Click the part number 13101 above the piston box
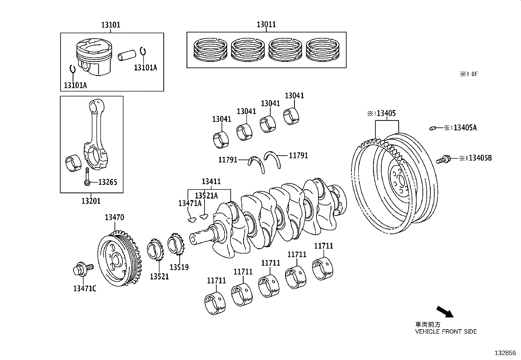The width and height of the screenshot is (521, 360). pyautogui.click(x=110, y=25)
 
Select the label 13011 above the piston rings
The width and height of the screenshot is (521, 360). pyautogui.click(x=266, y=25)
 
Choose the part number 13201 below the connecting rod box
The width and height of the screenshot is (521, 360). pyautogui.click(x=91, y=201)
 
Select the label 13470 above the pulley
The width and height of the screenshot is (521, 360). pyautogui.click(x=114, y=217)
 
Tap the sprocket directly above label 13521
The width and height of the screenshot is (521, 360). pyautogui.click(x=156, y=250)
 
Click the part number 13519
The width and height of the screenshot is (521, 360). pyautogui.click(x=179, y=267)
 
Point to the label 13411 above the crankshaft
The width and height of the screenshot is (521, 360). pyautogui.click(x=211, y=181)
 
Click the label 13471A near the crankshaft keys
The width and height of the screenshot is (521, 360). pyautogui.click(x=190, y=203)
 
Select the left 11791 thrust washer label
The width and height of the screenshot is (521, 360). pyautogui.click(x=228, y=160)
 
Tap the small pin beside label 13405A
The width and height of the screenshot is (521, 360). pyautogui.click(x=433, y=128)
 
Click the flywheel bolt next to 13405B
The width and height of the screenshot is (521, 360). pyautogui.click(x=443, y=160)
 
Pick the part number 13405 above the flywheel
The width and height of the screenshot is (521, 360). pyautogui.click(x=386, y=114)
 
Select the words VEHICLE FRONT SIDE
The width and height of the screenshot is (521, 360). pyautogui.click(x=446, y=332)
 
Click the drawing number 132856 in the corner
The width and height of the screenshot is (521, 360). pyautogui.click(x=505, y=353)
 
